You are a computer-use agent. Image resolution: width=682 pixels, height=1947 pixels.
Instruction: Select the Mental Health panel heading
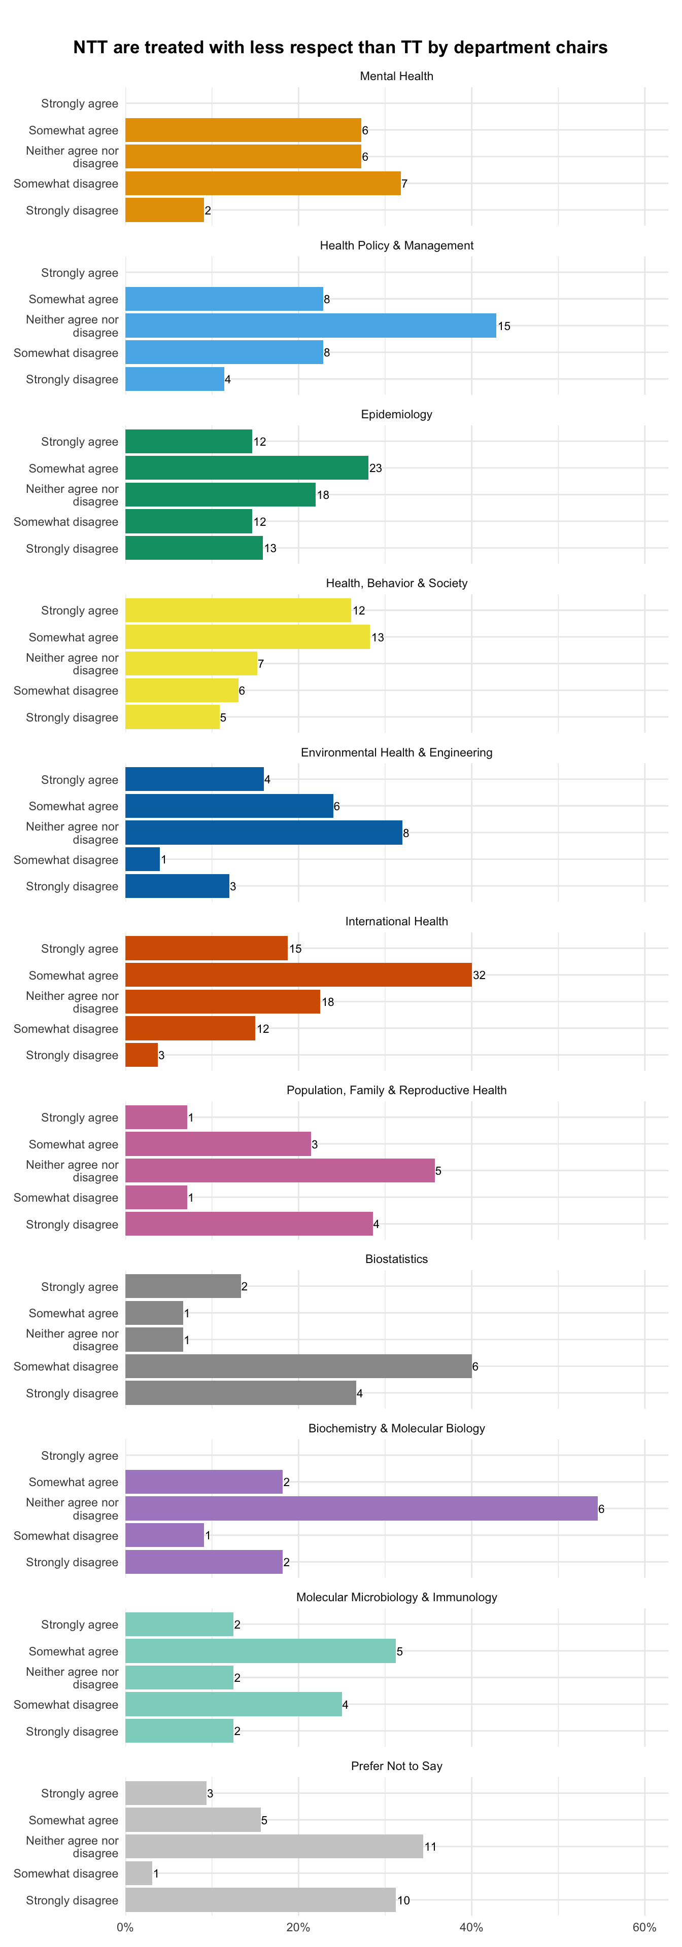point(396,77)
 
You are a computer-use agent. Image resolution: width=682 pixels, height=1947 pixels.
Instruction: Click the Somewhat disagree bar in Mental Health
point(263,184)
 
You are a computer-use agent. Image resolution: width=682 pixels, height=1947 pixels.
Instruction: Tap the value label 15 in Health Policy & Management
point(503,327)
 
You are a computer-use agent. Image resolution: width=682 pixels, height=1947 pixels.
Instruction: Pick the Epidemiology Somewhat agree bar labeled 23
point(247,468)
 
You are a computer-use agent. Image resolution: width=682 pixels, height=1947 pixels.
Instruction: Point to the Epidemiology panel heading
point(396,414)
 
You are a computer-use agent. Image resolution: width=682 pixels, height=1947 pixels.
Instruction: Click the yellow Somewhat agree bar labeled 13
point(247,637)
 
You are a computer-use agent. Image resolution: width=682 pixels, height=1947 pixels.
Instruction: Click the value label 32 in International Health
point(480,975)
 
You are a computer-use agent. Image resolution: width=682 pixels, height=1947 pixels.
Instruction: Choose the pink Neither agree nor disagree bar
point(280,1171)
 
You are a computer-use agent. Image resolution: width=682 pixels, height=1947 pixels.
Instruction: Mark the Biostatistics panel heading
point(396,1259)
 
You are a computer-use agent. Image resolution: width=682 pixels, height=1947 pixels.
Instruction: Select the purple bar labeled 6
point(361,1508)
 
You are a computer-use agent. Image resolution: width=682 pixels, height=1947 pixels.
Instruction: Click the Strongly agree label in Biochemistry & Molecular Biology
point(79,1456)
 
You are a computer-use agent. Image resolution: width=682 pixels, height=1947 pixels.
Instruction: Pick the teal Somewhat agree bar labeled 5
point(260,1651)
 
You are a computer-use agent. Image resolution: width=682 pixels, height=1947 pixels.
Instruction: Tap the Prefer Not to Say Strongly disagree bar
point(260,1900)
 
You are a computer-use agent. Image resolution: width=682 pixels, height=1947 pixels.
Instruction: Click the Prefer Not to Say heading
point(396,1766)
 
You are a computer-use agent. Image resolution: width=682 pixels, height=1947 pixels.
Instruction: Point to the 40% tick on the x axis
point(471,1927)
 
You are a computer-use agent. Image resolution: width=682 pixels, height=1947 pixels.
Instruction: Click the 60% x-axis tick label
point(644,1927)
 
